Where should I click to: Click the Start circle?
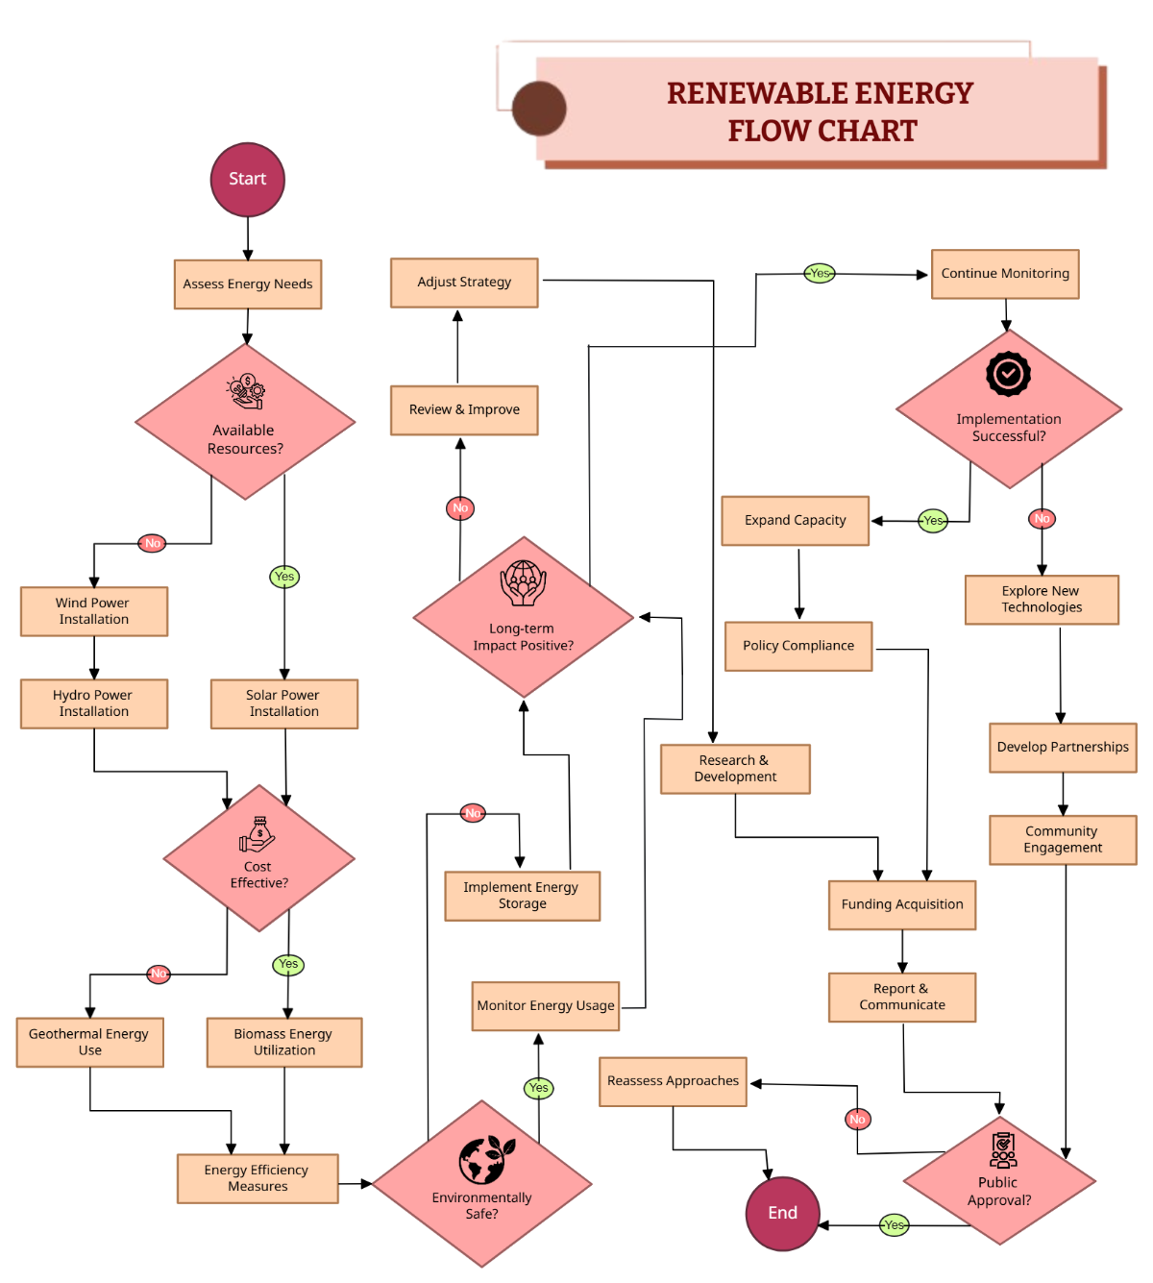(x=248, y=180)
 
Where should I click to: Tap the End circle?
(x=782, y=1213)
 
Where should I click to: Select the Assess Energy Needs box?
(x=248, y=284)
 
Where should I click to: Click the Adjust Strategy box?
(x=464, y=283)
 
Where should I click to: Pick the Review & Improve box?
(x=464, y=410)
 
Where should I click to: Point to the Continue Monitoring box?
(x=1005, y=274)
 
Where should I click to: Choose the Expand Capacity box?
(x=796, y=521)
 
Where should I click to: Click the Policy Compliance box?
(x=798, y=646)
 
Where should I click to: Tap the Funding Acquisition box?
(x=902, y=904)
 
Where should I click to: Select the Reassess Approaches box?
(x=673, y=1081)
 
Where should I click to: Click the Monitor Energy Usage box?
(x=546, y=1006)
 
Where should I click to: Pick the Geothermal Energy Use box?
(x=89, y=1043)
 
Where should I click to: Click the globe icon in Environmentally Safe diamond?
(x=485, y=1160)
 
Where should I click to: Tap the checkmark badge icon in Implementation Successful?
(x=1008, y=374)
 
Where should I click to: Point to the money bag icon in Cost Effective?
(x=258, y=834)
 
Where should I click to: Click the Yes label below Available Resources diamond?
(x=284, y=577)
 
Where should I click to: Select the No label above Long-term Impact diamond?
(x=460, y=508)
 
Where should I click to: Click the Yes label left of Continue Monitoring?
(x=820, y=273)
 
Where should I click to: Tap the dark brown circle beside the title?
(x=539, y=109)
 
